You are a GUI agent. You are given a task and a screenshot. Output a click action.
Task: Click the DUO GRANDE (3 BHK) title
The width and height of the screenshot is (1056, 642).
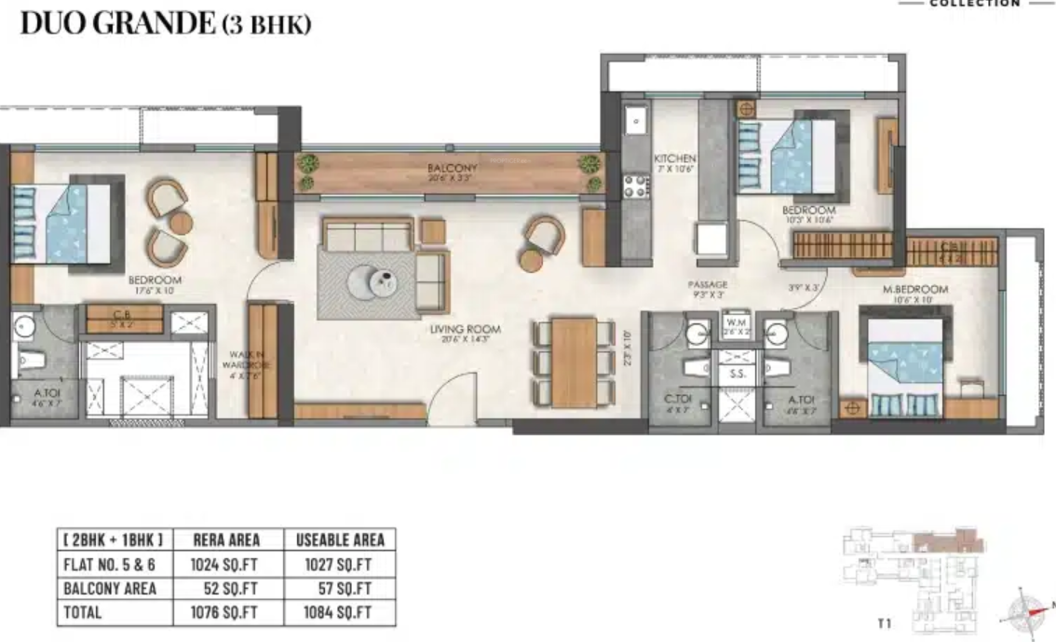tap(166, 23)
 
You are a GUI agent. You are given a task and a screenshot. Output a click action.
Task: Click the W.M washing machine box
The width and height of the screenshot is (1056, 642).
tap(737, 326)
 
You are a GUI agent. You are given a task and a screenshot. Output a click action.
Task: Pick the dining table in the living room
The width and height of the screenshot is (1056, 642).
tap(574, 362)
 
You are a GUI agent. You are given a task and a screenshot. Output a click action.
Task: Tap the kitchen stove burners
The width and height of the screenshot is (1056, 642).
tap(636, 185)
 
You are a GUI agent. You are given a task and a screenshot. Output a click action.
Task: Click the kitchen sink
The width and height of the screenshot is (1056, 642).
tap(635, 121)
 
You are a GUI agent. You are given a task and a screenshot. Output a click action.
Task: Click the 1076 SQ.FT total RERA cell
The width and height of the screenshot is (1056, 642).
tap(225, 613)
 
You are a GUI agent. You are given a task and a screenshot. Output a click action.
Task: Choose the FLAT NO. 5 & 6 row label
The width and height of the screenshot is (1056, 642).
tap(111, 564)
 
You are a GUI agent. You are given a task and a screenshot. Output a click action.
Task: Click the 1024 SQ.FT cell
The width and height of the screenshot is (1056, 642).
tap(225, 564)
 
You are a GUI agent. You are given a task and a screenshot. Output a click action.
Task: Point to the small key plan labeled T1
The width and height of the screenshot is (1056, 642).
tap(912, 578)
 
